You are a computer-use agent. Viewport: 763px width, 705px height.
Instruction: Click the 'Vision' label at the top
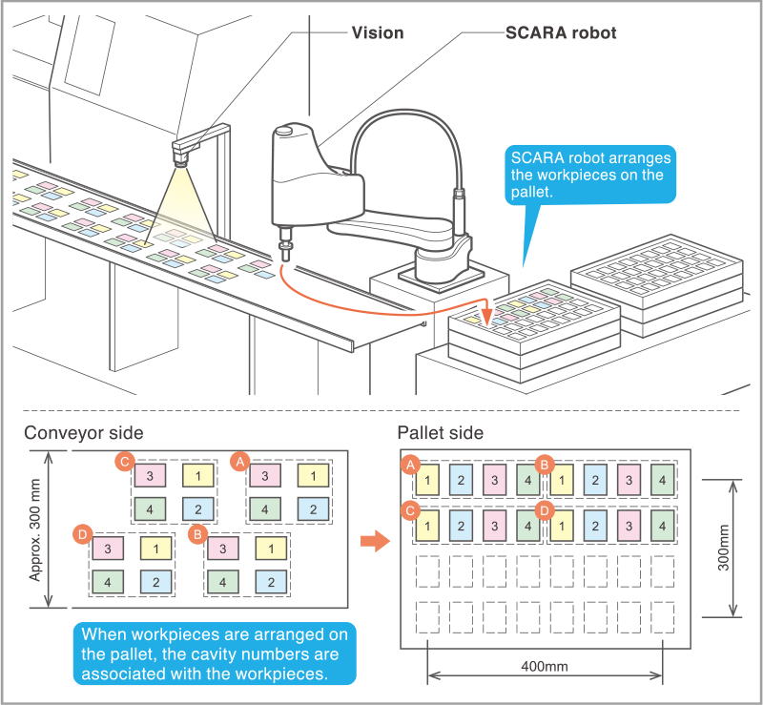[378, 32]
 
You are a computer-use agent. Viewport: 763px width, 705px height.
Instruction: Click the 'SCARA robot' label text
[560, 32]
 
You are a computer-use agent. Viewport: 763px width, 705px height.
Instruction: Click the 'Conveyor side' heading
[84, 433]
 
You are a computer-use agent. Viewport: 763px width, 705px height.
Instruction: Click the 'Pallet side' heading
[440, 433]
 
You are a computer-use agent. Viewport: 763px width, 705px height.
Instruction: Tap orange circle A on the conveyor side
[238, 461]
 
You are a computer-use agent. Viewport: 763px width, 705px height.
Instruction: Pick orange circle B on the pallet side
[545, 465]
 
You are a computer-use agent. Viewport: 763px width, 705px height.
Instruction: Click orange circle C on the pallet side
[411, 509]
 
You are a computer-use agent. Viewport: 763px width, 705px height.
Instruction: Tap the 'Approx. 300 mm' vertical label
[35, 530]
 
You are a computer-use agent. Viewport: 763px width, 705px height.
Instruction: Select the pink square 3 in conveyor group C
[151, 474]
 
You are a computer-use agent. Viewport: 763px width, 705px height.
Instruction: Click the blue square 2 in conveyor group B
[271, 581]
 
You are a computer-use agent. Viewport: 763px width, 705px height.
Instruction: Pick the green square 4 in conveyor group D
[107, 581]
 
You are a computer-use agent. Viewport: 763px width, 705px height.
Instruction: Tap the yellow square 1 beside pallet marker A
[429, 479]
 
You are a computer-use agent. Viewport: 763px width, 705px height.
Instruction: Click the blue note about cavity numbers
[215, 654]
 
